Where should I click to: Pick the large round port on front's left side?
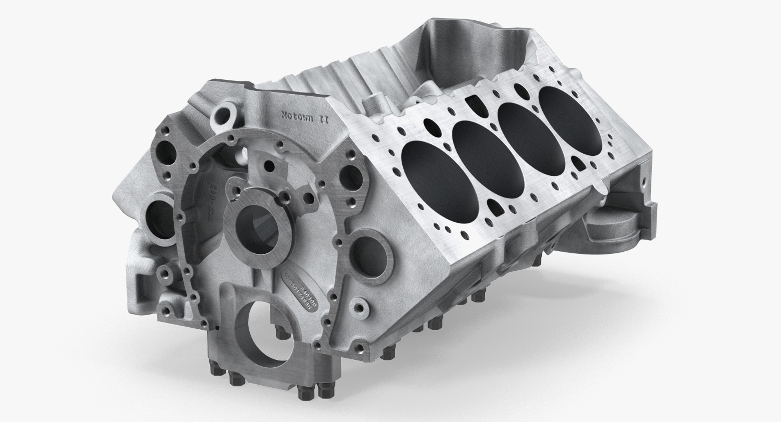pos(155,211)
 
